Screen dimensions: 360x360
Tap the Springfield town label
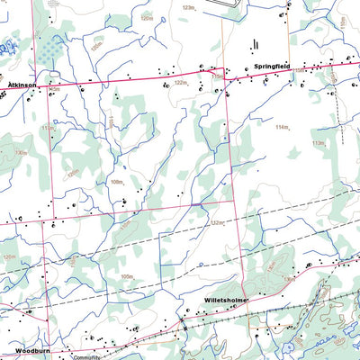coord(272,66)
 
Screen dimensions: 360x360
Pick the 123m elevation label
coord(188,7)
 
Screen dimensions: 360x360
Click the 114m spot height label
coord(284,128)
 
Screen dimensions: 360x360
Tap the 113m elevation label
coord(318,142)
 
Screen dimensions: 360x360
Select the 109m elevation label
coord(129,276)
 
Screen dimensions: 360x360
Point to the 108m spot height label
coord(116,182)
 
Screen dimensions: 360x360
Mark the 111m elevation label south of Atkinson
coord(47,129)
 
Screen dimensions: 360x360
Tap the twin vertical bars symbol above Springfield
coord(255,43)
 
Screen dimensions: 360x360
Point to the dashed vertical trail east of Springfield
coord(337,108)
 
